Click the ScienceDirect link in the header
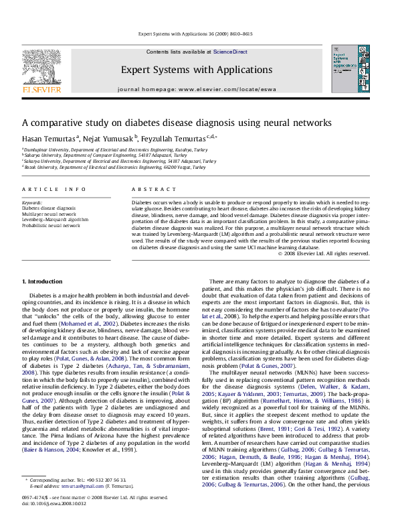click(230, 52)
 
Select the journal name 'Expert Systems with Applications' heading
click(197, 70)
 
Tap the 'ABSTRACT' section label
click(148, 190)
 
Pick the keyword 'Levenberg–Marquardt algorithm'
click(56, 219)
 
